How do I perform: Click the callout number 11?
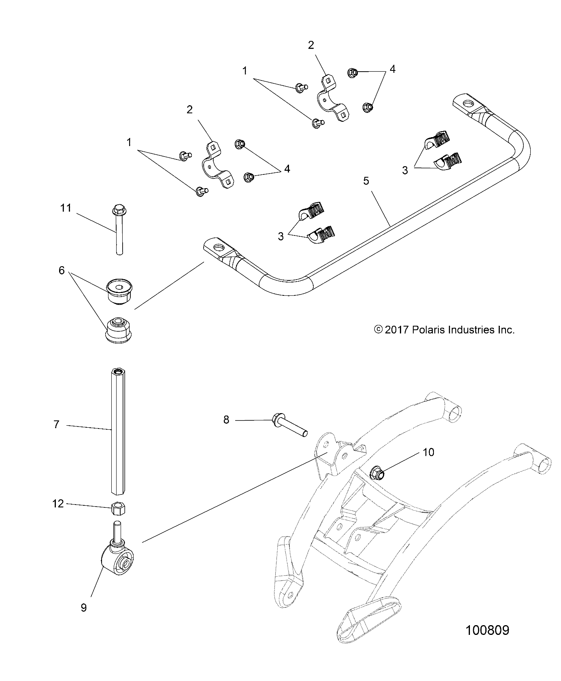[66, 208]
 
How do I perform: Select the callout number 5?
[366, 181]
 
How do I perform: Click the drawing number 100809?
[487, 642]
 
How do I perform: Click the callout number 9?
[84, 607]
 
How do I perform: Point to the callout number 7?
[56, 424]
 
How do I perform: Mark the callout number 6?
[62, 270]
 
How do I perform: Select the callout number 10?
[428, 452]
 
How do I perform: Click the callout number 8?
[226, 420]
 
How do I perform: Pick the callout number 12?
[58, 503]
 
